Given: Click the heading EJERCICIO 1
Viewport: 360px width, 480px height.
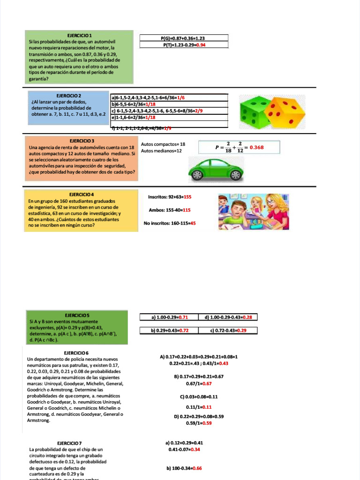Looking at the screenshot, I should tap(79, 36).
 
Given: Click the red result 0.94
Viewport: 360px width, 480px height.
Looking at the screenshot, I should tap(201, 45).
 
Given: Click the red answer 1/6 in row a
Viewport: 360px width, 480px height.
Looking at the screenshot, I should tap(181, 97).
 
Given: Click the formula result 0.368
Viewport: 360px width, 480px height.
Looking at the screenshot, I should tap(256, 147).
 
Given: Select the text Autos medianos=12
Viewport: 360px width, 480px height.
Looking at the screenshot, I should tap(161, 151).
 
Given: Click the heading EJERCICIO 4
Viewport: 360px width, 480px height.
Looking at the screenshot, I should tap(82, 194).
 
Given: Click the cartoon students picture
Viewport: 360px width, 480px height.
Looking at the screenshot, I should tap(253, 212).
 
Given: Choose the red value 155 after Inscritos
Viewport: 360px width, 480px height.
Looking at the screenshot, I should tap(187, 197).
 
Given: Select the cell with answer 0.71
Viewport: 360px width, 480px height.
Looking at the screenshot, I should tap(169, 317).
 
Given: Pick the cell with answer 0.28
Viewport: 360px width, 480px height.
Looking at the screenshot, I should tap(228, 317).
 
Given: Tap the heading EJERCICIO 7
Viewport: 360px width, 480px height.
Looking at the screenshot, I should tap(69, 443).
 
